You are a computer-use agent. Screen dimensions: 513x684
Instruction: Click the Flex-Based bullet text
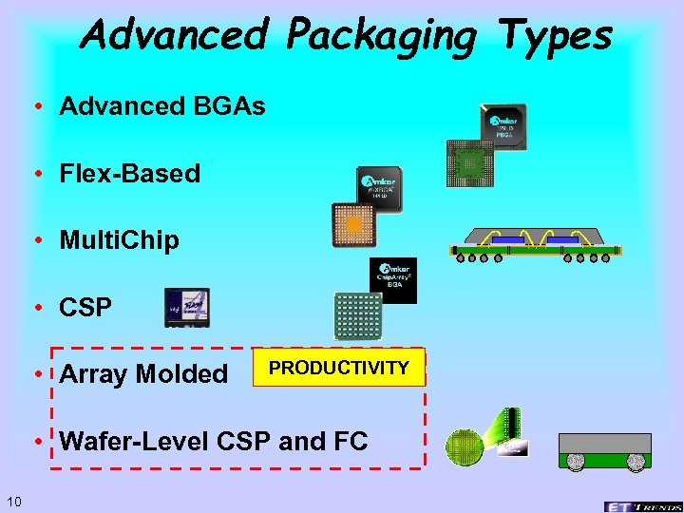coord(129,174)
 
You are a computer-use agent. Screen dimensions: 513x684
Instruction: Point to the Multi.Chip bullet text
coord(119,240)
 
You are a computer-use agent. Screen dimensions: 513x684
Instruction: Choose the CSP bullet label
coord(85,308)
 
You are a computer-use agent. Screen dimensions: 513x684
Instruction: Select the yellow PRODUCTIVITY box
coord(338,369)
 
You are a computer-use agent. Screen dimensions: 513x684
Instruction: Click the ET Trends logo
coord(641,504)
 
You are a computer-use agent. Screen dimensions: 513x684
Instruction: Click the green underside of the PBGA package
coord(469,162)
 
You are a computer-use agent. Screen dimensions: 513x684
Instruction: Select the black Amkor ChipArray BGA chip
coord(392,280)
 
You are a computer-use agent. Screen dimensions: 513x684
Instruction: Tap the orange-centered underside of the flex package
coord(353,226)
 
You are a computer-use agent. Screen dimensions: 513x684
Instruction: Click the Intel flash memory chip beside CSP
coord(186,308)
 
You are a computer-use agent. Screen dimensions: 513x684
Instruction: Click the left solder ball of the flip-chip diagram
coord(575,461)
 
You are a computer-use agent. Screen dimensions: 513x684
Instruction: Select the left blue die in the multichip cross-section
coord(507,241)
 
